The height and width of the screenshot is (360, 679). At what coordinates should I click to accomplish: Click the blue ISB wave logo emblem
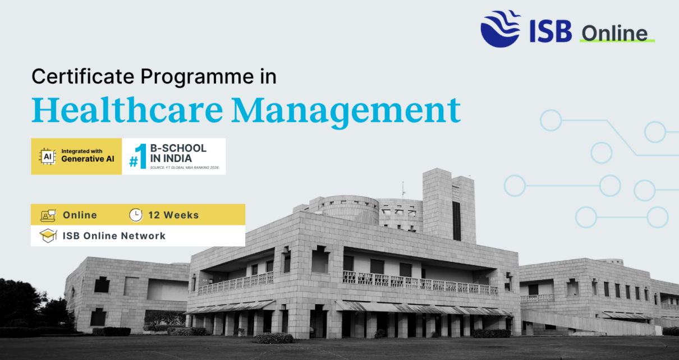pos(500,29)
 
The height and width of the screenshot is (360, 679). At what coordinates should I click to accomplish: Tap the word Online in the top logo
pos(614,33)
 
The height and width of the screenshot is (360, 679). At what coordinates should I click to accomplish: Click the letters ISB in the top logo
pos(550,31)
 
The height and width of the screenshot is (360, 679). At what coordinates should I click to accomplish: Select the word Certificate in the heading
pos(82,76)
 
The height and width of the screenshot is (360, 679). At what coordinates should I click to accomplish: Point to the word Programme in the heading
pos(198,77)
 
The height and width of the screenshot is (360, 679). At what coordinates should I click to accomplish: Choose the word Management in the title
pos(346,112)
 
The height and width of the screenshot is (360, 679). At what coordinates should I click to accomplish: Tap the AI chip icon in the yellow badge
pos(47,156)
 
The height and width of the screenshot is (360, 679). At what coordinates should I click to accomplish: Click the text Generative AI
pos(88,159)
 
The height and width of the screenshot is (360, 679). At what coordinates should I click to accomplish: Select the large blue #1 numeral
pos(139,156)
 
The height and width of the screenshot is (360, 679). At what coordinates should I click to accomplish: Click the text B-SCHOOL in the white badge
pos(178,148)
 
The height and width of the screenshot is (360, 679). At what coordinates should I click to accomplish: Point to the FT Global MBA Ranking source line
pos(184,168)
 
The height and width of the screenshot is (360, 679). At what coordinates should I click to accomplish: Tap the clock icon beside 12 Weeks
pos(135,215)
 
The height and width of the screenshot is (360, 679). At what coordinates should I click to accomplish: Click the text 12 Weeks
pos(173,215)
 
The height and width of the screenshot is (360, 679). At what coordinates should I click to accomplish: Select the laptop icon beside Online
pos(48,215)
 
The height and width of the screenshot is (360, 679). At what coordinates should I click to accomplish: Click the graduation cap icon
pos(48,236)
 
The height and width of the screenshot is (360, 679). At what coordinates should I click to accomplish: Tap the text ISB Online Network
pos(114,236)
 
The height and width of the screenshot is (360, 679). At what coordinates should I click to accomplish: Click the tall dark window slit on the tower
pos(457,221)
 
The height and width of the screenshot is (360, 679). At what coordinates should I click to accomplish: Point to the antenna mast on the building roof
pos(403,190)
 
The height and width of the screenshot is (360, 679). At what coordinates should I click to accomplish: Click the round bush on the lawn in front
pos(274,338)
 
